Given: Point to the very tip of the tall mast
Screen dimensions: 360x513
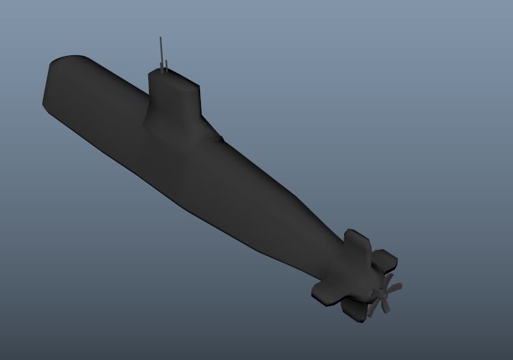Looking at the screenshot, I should [x=160, y=38].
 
